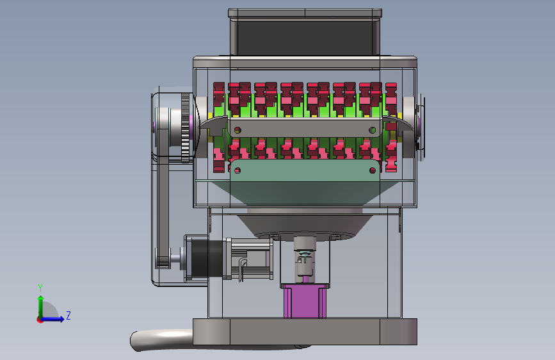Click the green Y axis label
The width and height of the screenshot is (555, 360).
tap(40, 288)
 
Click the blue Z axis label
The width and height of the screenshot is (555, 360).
tap(68, 315)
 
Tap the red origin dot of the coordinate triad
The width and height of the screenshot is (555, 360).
tap(40, 320)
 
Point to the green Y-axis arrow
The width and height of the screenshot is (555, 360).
tap(41, 307)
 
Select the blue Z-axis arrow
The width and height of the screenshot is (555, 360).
tap(52, 319)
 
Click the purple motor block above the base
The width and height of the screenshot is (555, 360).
tap(305, 301)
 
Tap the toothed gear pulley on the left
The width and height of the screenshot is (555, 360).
tap(185, 128)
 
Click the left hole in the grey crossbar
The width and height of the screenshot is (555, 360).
tap(237, 131)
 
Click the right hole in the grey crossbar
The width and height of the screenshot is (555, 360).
tap(372, 131)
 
